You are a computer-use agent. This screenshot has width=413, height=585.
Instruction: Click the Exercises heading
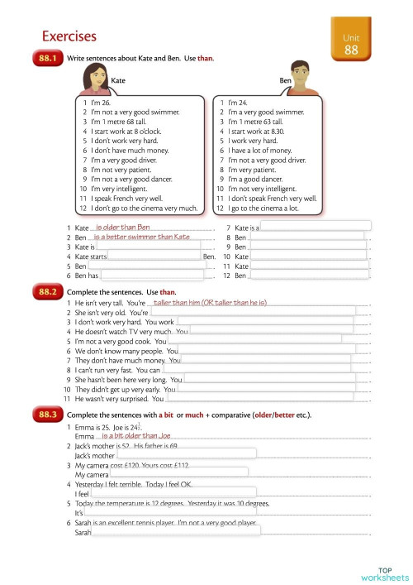pos(69,36)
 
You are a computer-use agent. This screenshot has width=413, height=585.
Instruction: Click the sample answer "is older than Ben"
pos(123,227)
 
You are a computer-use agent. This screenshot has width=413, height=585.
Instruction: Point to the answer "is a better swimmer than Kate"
pos(142,237)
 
